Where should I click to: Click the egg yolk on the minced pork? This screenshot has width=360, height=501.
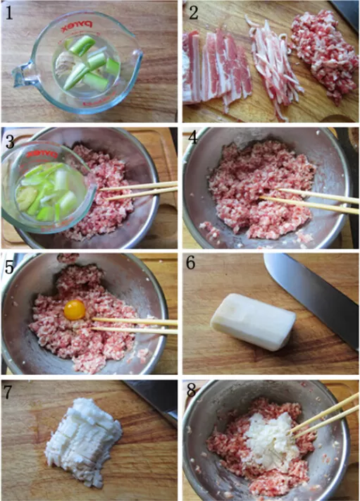pos(75,310)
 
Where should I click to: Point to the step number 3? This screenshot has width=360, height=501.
pos(10,142)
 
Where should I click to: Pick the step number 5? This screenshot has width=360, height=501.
pos(9,267)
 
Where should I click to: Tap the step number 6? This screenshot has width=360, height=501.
pos(191,263)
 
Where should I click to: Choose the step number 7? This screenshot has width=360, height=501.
pos(8,392)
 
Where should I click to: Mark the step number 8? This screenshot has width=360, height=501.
pos(192,390)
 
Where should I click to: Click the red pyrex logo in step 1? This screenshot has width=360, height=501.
pos(76,27)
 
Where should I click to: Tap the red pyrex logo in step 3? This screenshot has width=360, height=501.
pos(42,154)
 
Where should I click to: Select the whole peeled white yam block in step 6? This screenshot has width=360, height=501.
pos(253,321)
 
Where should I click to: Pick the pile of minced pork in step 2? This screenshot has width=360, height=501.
pos(324,56)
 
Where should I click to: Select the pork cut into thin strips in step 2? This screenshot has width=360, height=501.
pos(273,67)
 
